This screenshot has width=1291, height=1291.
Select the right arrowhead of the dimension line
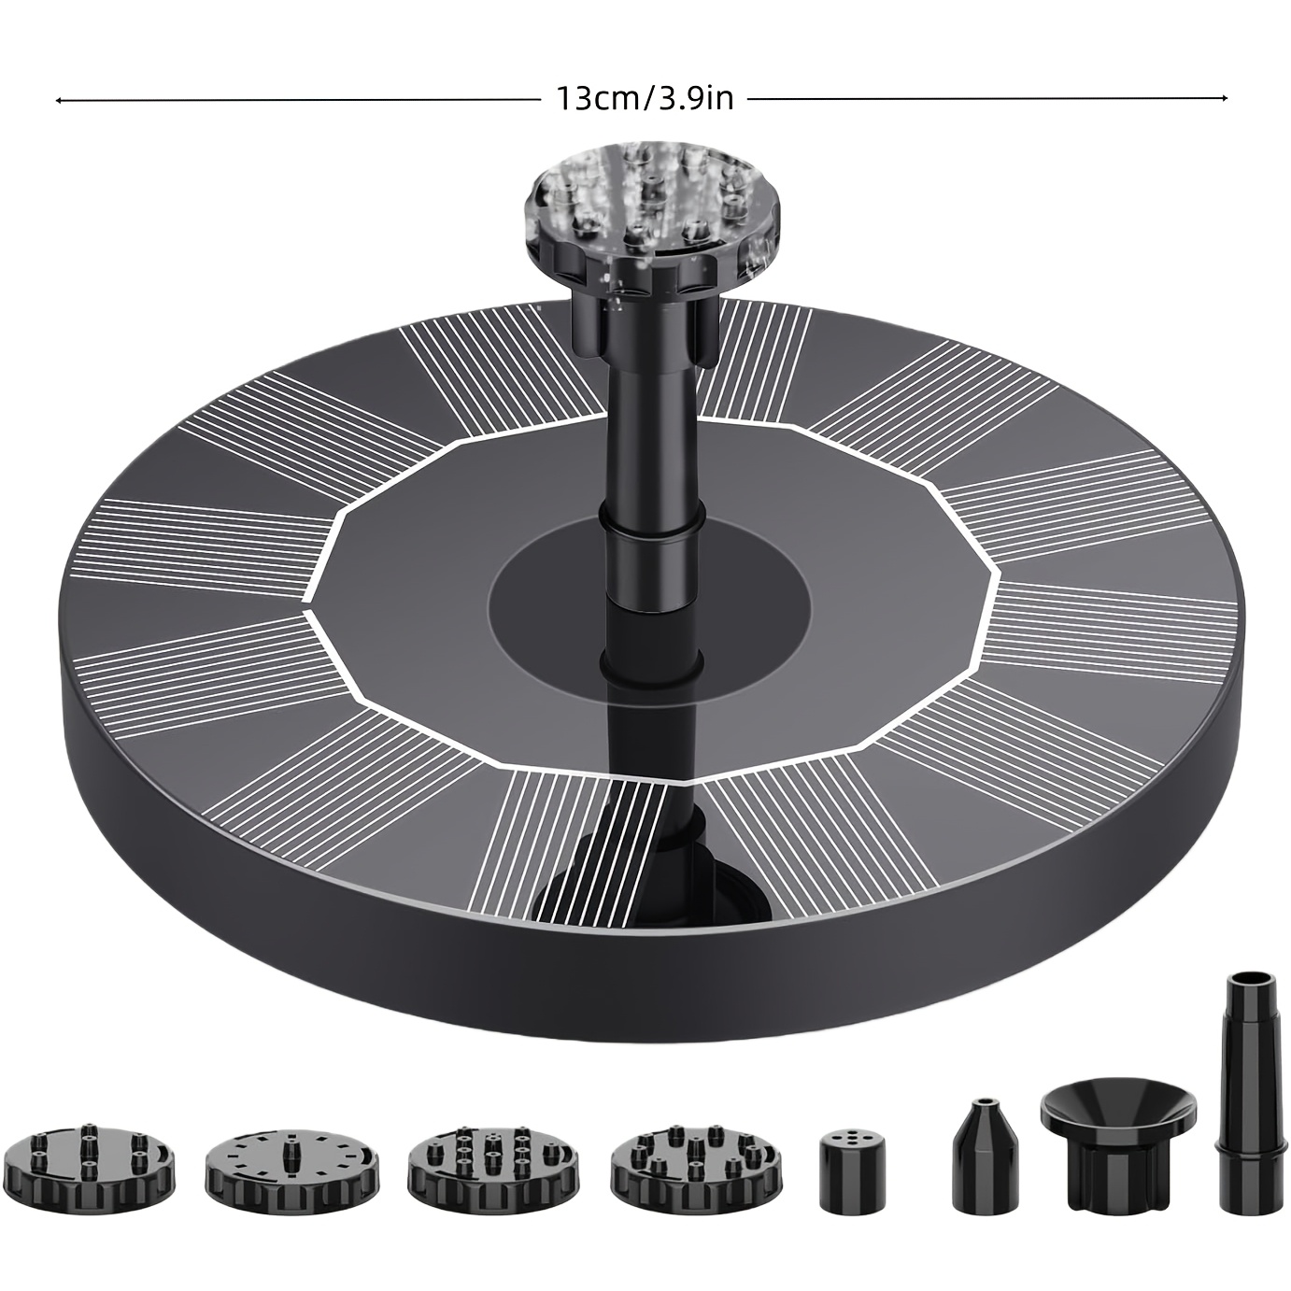tap(1224, 98)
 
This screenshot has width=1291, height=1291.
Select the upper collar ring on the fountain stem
tap(650, 518)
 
